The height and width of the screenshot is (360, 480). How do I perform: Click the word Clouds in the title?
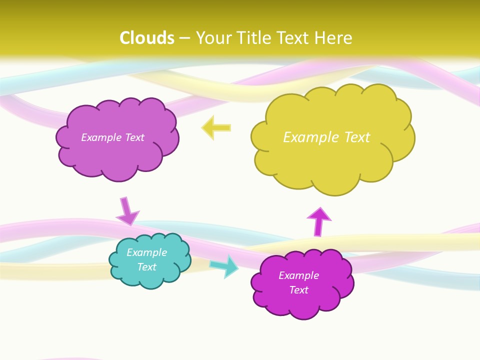[147, 38]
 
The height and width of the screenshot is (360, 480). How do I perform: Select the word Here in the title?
[335, 38]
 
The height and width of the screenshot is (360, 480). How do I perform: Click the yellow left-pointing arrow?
[216, 127]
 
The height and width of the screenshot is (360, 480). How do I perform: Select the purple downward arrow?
[127, 211]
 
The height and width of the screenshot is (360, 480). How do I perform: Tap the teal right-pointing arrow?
[224, 266]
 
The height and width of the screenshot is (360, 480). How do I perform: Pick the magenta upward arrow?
[319, 221]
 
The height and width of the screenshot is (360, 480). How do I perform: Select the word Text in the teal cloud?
[147, 267]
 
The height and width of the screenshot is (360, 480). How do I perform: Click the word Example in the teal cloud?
[147, 252]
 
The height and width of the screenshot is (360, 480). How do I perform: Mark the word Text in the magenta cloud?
[299, 290]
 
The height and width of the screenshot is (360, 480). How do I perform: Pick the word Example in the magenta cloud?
[299, 275]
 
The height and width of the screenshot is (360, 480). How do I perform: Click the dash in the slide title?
[184, 38]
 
